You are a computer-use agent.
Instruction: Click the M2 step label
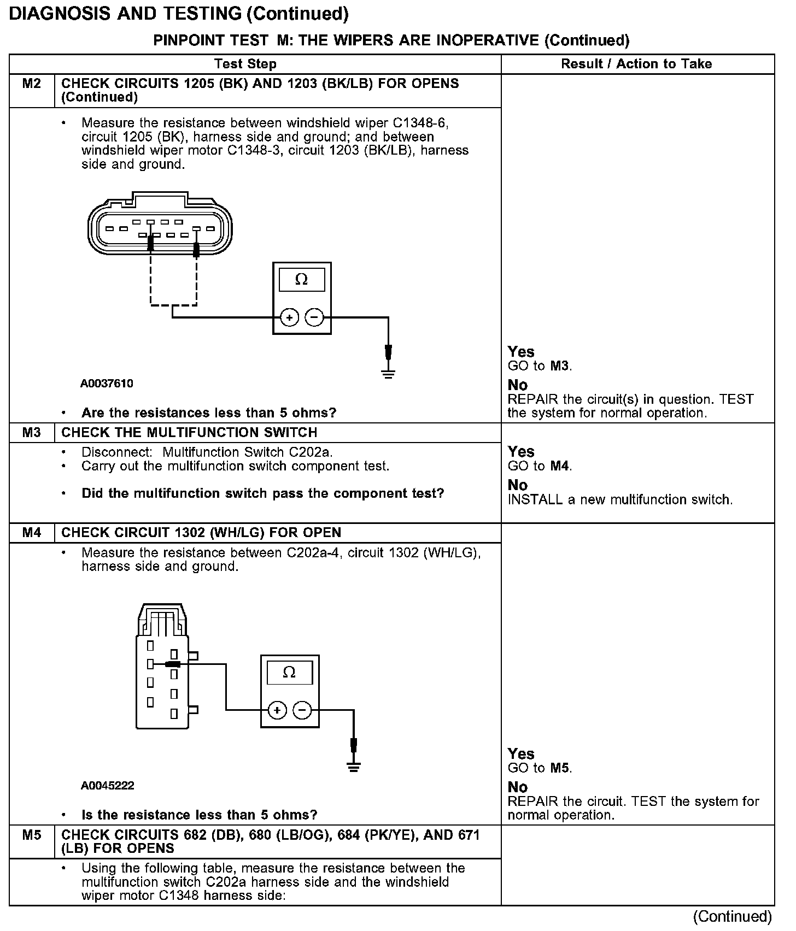32,84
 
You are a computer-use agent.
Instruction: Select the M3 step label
32,433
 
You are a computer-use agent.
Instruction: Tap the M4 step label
32,533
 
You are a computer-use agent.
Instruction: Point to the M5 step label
32,835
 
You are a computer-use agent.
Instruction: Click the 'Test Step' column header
245,64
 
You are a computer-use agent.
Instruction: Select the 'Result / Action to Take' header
636,64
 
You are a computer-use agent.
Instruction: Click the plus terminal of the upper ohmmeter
289,317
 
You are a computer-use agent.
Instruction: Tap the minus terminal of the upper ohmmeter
314,317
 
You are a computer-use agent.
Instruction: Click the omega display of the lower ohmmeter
289,673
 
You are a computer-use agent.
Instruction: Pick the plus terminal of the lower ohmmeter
277,710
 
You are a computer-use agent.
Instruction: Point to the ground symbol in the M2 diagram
388,374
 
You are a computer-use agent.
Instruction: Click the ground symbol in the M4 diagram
354,767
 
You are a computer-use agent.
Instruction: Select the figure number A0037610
107,384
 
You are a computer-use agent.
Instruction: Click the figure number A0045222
107,786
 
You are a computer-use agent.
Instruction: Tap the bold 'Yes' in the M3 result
521,452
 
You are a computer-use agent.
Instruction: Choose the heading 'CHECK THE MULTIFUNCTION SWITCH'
189,433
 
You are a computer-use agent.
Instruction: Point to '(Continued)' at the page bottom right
732,916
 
